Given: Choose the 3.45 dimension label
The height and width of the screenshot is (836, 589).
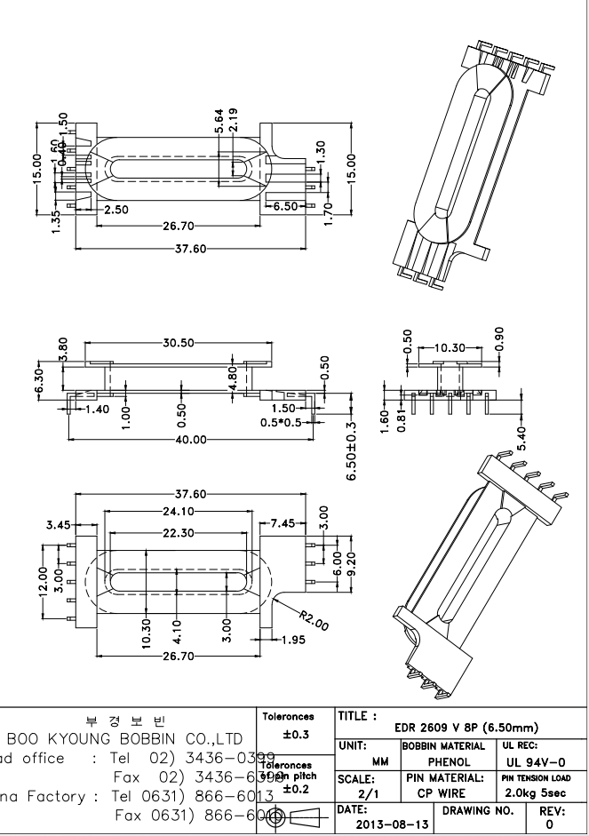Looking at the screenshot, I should (x=59, y=525).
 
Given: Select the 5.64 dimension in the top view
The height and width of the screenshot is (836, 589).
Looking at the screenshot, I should (x=219, y=122).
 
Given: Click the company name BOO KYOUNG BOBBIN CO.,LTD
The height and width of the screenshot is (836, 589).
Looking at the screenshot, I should (x=124, y=738).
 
